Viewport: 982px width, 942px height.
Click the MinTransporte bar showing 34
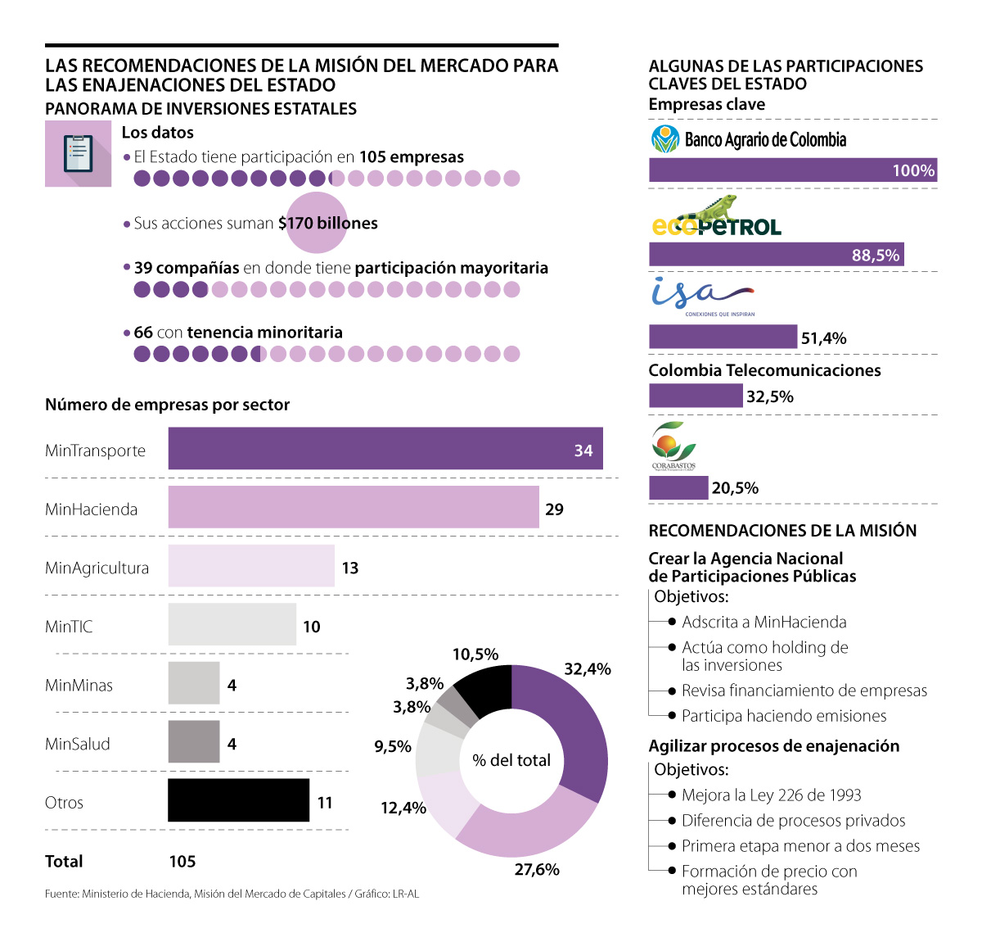pos(385,449)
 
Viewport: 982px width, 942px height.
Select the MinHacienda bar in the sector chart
pos(354,507)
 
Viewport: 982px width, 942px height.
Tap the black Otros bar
pos(238,800)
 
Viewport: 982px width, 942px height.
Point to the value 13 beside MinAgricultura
pos(350,568)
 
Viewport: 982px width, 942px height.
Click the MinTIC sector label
pos(69,627)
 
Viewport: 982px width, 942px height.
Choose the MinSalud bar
pos(194,742)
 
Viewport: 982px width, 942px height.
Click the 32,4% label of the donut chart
pos(587,669)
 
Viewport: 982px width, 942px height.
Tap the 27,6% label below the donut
pos(537,869)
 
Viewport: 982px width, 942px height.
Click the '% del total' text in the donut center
pos(511,760)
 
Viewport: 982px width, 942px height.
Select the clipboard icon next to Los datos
pos(78,154)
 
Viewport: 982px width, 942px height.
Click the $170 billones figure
pos(327,223)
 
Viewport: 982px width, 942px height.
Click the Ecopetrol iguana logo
pos(716,217)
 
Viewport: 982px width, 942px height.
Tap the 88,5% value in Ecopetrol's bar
pos(875,255)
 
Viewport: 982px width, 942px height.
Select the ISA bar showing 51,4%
pos(723,337)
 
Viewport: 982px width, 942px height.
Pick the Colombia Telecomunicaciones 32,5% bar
pos(696,396)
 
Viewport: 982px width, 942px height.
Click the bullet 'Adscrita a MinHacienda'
pos(764,622)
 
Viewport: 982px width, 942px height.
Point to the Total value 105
pos(182,861)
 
